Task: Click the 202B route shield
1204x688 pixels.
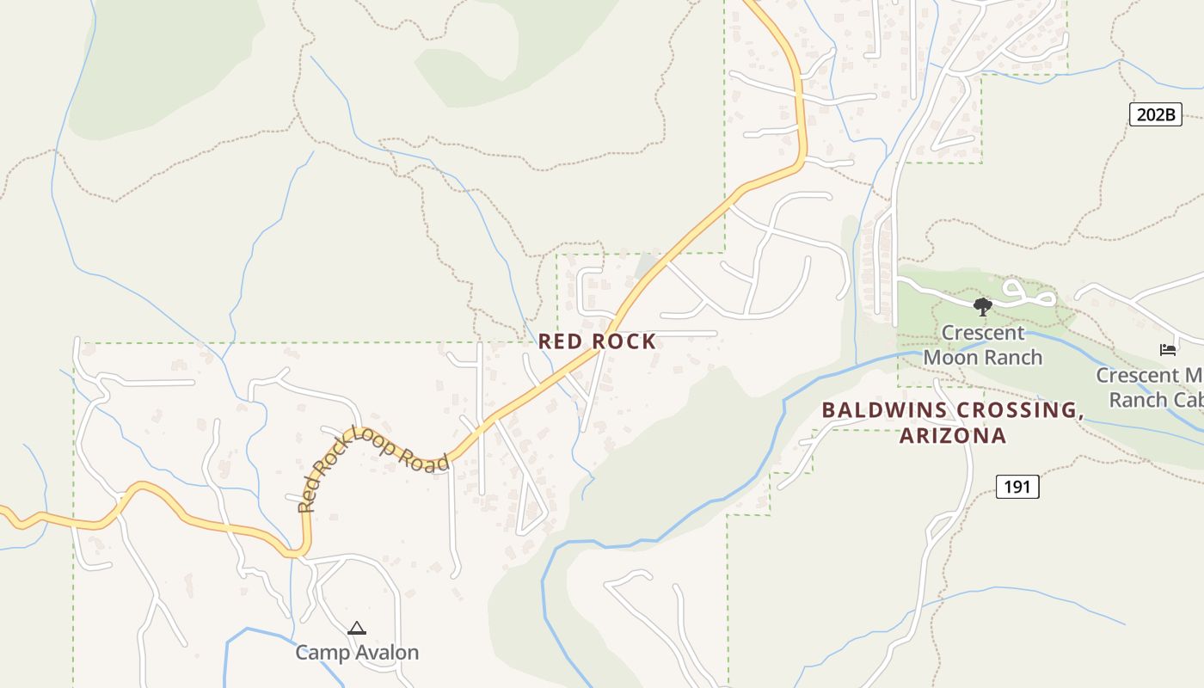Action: (1155, 114)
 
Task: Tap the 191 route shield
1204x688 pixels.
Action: (1017, 487)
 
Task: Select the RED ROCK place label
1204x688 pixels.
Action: (597, 341)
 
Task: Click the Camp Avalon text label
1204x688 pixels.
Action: (357, 653)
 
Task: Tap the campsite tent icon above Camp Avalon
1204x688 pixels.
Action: (357, 629)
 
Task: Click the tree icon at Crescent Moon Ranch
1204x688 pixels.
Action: (982, 306)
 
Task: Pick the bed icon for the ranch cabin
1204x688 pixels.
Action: (1167, 349)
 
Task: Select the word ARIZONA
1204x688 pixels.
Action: (953, 436)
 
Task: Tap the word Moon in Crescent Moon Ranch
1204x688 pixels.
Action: (951, 357)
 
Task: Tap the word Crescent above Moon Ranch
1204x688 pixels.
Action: (982, 333)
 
